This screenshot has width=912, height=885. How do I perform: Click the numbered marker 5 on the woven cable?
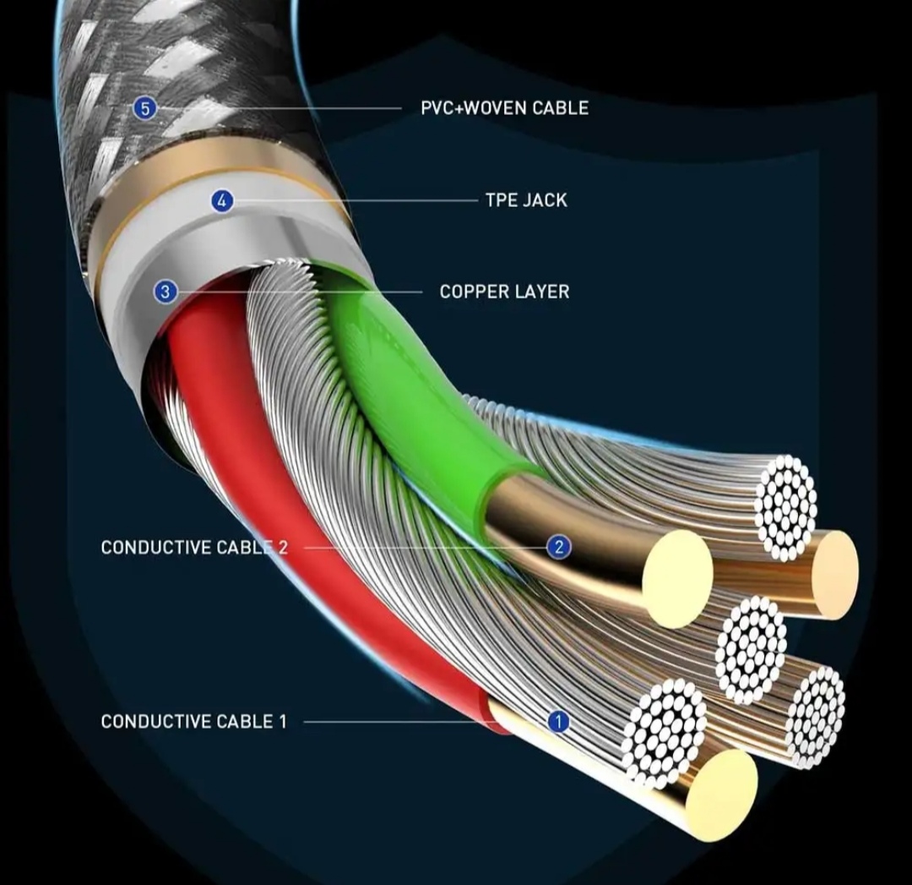(x=145, y=108)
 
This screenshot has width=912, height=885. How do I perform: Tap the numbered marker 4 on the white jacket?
(x=222, y=201)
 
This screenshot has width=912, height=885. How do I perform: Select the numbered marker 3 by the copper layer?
(x=165, y=292)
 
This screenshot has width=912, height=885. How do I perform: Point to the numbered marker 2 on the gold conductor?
(x=557, y=547)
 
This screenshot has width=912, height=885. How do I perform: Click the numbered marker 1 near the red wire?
(x=558, y=722)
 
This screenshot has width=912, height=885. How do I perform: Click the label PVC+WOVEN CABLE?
(x=504, y=108)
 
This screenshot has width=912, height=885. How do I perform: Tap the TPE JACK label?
(x=526, y=200)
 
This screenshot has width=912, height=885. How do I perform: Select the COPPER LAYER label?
(x=504, y=292)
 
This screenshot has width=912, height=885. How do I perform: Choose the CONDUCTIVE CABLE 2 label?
(x=194, y=548)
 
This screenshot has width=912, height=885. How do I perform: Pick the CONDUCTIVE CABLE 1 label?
(x=193, y=722)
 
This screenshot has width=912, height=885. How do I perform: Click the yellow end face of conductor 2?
(x=677, y=578)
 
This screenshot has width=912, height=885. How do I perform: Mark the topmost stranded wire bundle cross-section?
(x=785, y=507)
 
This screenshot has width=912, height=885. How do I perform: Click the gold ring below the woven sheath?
(x=211, y=169)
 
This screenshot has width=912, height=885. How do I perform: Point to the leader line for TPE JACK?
(x=355, y=201)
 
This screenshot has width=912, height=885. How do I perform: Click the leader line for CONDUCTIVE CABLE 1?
(x=422, y=722)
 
